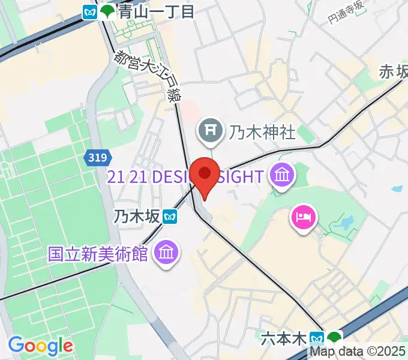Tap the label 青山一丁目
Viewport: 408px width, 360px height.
click(x=157, y=11)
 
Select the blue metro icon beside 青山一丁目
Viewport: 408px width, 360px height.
click(x=91, y=11)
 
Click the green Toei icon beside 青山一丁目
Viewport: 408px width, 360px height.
click(x=108, y=11)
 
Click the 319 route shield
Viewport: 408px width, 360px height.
click(x=97, y=158)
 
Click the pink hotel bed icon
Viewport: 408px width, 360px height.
click(x=302, y=216)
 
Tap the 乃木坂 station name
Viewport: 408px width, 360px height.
click(x=139, y=215)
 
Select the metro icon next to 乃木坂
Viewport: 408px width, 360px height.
click(x=172, y=215)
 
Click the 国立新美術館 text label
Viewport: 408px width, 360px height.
click(x=98, y=253)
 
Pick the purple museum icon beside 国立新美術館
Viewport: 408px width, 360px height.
click(x=164, y=253)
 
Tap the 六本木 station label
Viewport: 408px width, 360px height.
click(x=284, y=339)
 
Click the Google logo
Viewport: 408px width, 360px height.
click(x=40, y=346)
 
